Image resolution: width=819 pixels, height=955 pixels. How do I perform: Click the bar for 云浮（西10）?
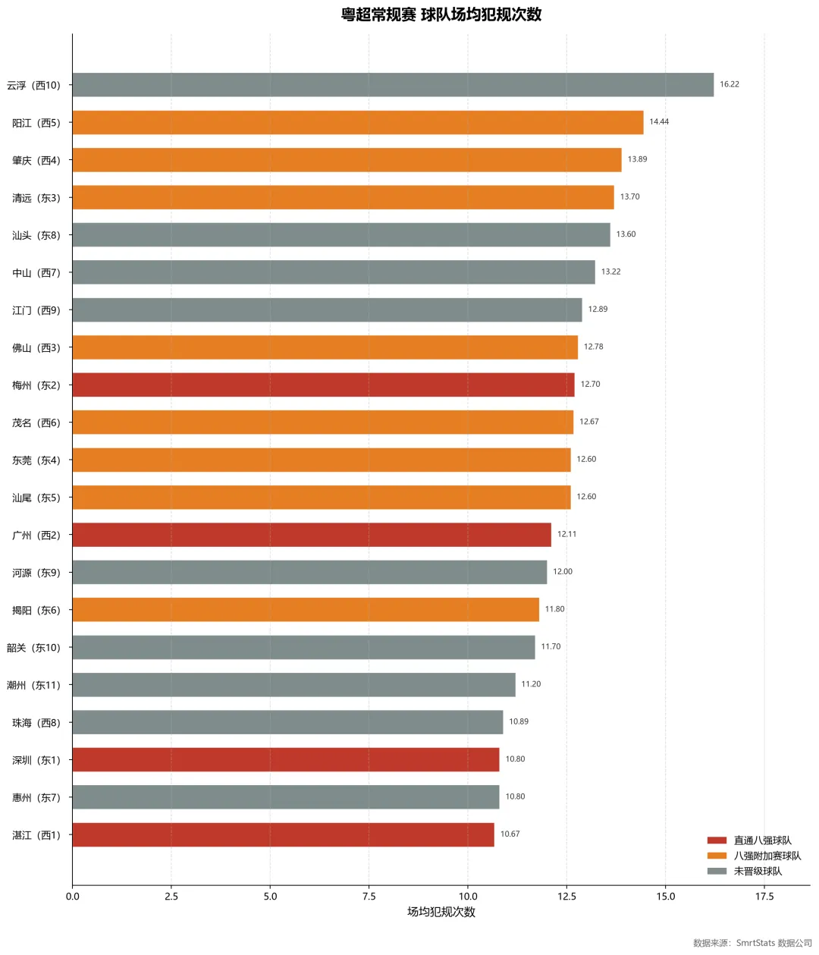click(393, 84)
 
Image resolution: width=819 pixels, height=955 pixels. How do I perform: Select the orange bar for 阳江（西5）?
click(357, 122)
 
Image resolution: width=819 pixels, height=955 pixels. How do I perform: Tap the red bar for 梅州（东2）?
click(323, 385)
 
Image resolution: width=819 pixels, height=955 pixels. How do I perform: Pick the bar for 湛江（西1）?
click(283, 834)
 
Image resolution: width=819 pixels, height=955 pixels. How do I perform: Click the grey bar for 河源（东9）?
click(309, 572)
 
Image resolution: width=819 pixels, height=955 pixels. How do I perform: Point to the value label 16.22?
click(730, 84)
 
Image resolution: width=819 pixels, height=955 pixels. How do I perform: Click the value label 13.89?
click(637, 159)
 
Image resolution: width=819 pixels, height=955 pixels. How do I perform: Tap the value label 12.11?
click(566, 534)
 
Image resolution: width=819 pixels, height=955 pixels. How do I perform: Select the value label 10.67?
click(510, 834)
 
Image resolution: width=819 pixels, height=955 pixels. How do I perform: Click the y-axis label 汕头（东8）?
click(36, 235)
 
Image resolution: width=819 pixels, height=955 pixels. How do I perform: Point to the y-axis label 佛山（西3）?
click(36, 347)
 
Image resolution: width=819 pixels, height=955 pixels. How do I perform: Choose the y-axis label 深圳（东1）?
click(36, 760)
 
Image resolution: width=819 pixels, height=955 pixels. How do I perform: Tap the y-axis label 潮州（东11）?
click(33, 685)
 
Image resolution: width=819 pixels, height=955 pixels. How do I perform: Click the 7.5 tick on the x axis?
click(369, 897)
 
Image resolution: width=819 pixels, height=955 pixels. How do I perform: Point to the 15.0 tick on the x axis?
click(665, 897)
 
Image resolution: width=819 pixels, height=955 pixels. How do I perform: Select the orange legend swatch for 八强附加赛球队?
click(717, 856)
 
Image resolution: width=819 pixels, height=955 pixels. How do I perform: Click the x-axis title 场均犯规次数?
click(441, 912)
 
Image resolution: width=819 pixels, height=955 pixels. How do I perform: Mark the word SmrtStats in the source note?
click(755, 943)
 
